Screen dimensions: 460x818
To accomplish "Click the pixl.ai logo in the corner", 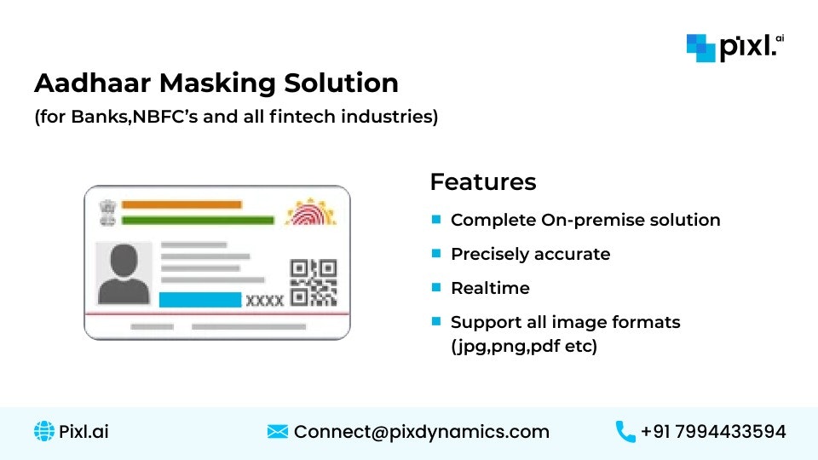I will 734,47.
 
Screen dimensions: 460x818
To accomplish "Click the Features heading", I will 482,182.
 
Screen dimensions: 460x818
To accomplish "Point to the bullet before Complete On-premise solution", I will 436,220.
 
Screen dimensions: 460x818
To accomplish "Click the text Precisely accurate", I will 530,254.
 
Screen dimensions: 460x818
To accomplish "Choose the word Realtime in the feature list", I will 490,288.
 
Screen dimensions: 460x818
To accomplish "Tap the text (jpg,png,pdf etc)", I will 524,346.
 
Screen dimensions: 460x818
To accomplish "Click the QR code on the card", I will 313,282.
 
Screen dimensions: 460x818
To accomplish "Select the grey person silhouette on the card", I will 124,274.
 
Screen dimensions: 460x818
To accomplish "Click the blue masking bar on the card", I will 200,300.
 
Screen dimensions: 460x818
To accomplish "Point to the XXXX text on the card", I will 265,301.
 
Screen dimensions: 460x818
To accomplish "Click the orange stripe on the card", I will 181,204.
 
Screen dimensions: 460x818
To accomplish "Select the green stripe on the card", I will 197,221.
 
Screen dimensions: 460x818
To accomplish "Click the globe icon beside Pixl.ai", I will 43,432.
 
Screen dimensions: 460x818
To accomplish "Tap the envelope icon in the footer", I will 277,432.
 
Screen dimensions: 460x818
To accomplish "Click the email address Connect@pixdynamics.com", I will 421,432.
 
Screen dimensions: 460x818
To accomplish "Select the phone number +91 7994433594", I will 713,432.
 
